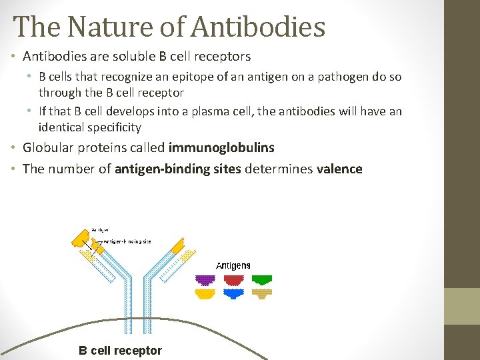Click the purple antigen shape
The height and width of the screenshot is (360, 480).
coord(205,280)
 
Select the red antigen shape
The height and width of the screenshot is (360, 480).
coord(233,280)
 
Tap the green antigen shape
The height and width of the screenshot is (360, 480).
coord(261,280)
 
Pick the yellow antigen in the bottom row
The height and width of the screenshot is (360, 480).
coord(205,294)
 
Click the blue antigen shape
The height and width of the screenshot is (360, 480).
coord(233,294)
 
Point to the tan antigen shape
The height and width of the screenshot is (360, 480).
coord(261,294)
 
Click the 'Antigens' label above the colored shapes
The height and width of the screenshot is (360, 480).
coord(233,265)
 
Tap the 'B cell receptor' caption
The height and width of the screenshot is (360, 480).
coord(120,351)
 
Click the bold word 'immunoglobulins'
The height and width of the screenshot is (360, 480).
coord(221,147)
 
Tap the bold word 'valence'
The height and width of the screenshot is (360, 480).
coord(339,169)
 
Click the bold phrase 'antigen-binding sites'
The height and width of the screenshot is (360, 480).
coord(178,169)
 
